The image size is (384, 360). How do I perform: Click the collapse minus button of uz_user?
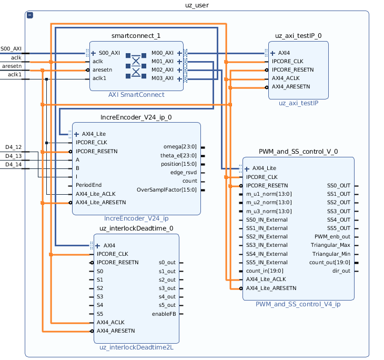coord(30,16)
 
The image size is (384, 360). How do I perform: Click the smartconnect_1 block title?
coord(136,36)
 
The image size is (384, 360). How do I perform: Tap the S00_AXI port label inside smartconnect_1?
coord(109,53)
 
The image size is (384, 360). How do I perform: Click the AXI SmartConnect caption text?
coord(136,95)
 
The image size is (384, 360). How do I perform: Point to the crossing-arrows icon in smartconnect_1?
coord(136,65)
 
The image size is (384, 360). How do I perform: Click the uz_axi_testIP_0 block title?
coord(298,36)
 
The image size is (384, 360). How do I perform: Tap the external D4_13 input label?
coord(14,156)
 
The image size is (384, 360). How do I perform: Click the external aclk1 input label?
coord(15,75)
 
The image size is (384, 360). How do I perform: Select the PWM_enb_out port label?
coord(332,236)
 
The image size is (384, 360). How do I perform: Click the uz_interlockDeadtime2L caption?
coord(136,347)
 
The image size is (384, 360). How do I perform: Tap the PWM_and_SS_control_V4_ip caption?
coord(298,304)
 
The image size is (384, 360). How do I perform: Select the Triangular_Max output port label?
coord(330,245)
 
